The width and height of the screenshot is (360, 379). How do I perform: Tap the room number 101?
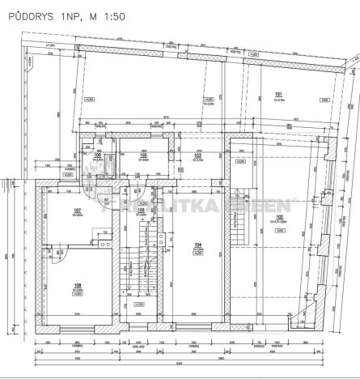(279, 94)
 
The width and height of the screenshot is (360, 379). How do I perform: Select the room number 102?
(279, 217)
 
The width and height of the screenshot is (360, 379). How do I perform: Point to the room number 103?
(197, 155)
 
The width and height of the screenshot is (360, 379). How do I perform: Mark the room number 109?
(96, 155)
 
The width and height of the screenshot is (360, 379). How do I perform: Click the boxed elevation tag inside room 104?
(197, 253)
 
